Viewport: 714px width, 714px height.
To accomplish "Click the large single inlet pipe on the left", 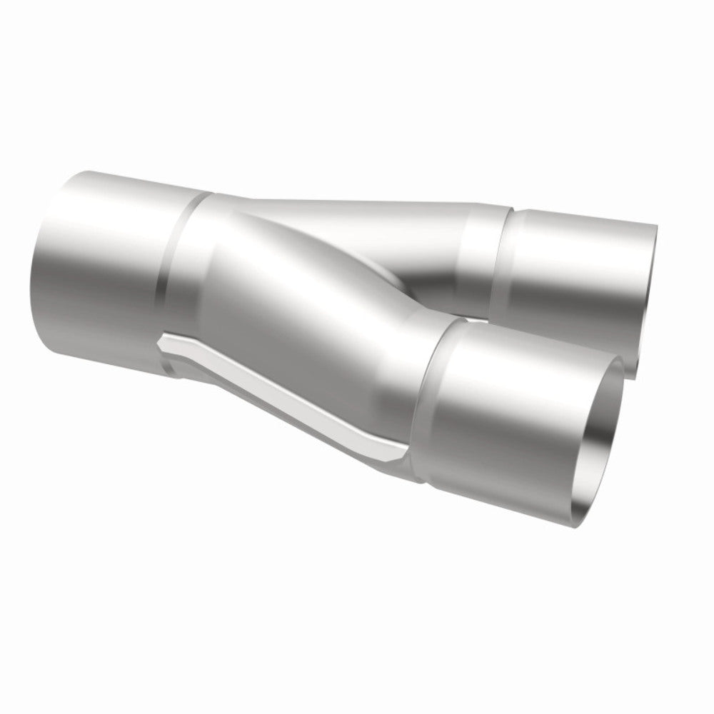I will (x=100, y=271).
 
